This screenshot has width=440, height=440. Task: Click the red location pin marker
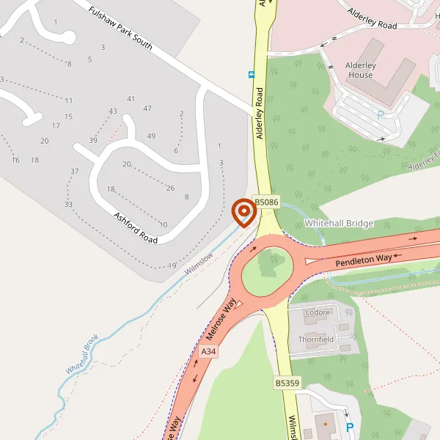pos(243,212)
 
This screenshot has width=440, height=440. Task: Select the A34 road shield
pos(208,353)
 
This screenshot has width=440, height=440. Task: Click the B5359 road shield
pos(288,383)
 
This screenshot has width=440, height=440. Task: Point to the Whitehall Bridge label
pos(339,223)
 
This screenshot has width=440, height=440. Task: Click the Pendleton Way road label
pos(364,259)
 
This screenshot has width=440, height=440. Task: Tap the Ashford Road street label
pos(136,229)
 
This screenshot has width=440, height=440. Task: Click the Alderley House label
pos(361,70)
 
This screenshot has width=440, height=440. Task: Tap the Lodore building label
pos(317,312)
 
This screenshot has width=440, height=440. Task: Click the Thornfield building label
pos(316,340)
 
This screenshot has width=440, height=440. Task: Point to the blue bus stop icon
pos(252,74)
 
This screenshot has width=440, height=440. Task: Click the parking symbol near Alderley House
pos(380,114)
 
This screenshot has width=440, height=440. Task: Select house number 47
pos(147,109)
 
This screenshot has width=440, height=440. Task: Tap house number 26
pos(170,188)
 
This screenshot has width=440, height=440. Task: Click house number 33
pos(68,204)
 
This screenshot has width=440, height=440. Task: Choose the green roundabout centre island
pos(270,268)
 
